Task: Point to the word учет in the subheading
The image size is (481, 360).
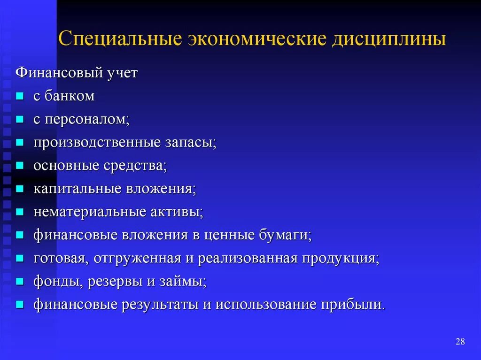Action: pyautogui.click(x=121, y=74)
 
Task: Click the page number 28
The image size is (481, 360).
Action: pyautogui.click(x=460, y=341)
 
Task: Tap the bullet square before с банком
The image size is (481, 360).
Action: pyautogui.click(x=19, y=97)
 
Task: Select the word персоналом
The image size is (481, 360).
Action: pyautogui.click(x=87, y=120)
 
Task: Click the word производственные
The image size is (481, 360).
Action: pyautogui.click(x=97, y=143)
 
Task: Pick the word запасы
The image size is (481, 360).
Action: pyautogui.click(x=190, y=143)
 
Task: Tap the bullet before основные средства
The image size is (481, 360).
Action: pyautogui.click(x=19, y=166)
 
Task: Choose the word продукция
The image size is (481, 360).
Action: pyautogui.click(x=340, y=258)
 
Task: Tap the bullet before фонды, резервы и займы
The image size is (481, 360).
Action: pyautogui.click(x=19, y=282)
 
